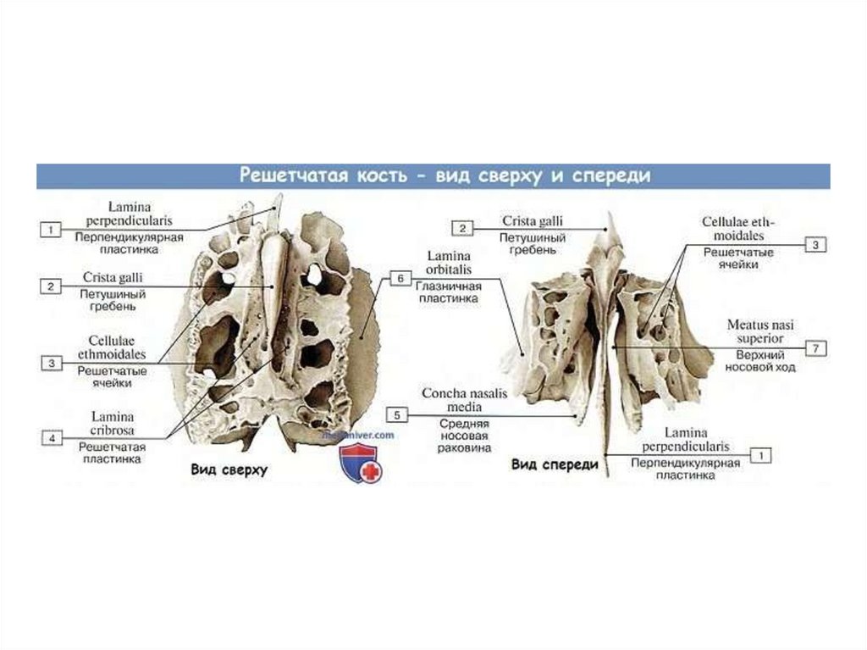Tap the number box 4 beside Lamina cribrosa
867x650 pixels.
[52, 438]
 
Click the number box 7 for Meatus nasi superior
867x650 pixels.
[815, 348]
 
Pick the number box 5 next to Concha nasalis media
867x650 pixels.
[396, 414]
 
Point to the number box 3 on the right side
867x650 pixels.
[815, 245]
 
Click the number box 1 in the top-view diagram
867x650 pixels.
[51, 230]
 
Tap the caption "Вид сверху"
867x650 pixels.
[229, 469]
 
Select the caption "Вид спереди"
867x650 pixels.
[555, 464]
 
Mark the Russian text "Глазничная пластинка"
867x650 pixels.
[448, 292]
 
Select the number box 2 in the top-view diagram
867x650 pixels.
[51, 286]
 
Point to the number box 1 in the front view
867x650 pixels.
[760, 455]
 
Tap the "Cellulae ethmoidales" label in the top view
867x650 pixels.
[113, 347]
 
